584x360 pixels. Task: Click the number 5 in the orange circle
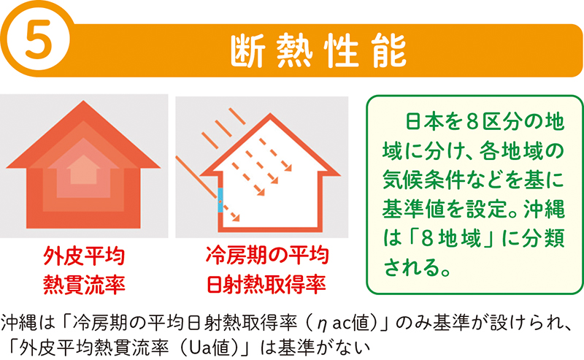pyautogui.click(x=38, y=40)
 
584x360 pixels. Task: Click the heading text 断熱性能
pyautogui.click(x=318, y=51)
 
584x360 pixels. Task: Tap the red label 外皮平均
pyautogui.click(x=84, y=256)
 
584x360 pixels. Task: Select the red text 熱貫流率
pyautogui.click(x=84, y=285)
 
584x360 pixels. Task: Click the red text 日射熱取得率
pyautogui.click(x=266, y=284)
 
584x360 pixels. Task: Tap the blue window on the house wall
pyautogui.click(x=220, y=201)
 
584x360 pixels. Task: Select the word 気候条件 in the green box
pyautogui.click(x=419, y=180)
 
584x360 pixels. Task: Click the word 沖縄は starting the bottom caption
pyautogui.click(x=26, y=323)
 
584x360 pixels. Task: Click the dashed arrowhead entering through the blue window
pyautogui.click(x=236, y=218)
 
